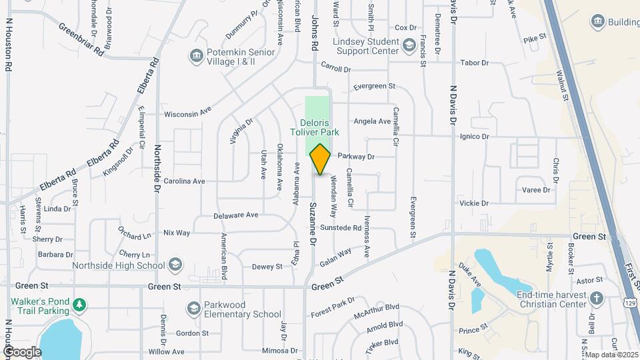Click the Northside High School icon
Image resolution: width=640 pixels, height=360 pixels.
pos(175,265)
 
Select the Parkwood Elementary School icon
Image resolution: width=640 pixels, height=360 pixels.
pos(193,308)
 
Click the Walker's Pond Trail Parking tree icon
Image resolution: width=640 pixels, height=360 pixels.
pos(79,305)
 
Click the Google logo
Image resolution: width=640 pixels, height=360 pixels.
pos(21,351)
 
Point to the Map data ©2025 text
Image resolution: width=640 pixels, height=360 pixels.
pos(612,355)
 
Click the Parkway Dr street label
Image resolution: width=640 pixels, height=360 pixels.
pos(356,156)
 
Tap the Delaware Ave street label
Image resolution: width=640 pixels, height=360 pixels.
pos(235,215)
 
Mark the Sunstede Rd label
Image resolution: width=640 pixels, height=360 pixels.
pos(340,227)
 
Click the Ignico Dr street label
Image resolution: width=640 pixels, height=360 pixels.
pos(474,136)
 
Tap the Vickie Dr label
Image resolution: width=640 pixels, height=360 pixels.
pos(474,203)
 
